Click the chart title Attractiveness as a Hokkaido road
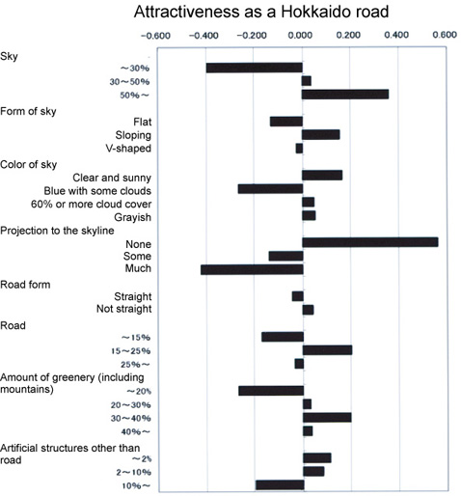pos(261,12)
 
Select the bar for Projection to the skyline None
pos(370,242)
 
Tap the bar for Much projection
pos(252,269)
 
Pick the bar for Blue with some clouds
pos(270,189)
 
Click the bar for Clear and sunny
pos(322,176)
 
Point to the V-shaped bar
pos(299,149)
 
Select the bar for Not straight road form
pos(308,310)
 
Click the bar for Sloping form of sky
pos(321,135)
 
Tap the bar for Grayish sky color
pos(309,215)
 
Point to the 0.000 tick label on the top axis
pos(300,35)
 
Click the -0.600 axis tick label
pos(155,36)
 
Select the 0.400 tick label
pos(396,35)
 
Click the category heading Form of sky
pos(28,112)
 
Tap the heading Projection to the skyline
pos(57,231)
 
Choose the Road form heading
pos(25,285)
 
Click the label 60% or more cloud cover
pos(91,204)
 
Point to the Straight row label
pos(133,296)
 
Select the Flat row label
pos(143,122)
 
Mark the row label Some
pos(137,257)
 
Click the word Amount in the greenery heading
pos(17,377)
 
